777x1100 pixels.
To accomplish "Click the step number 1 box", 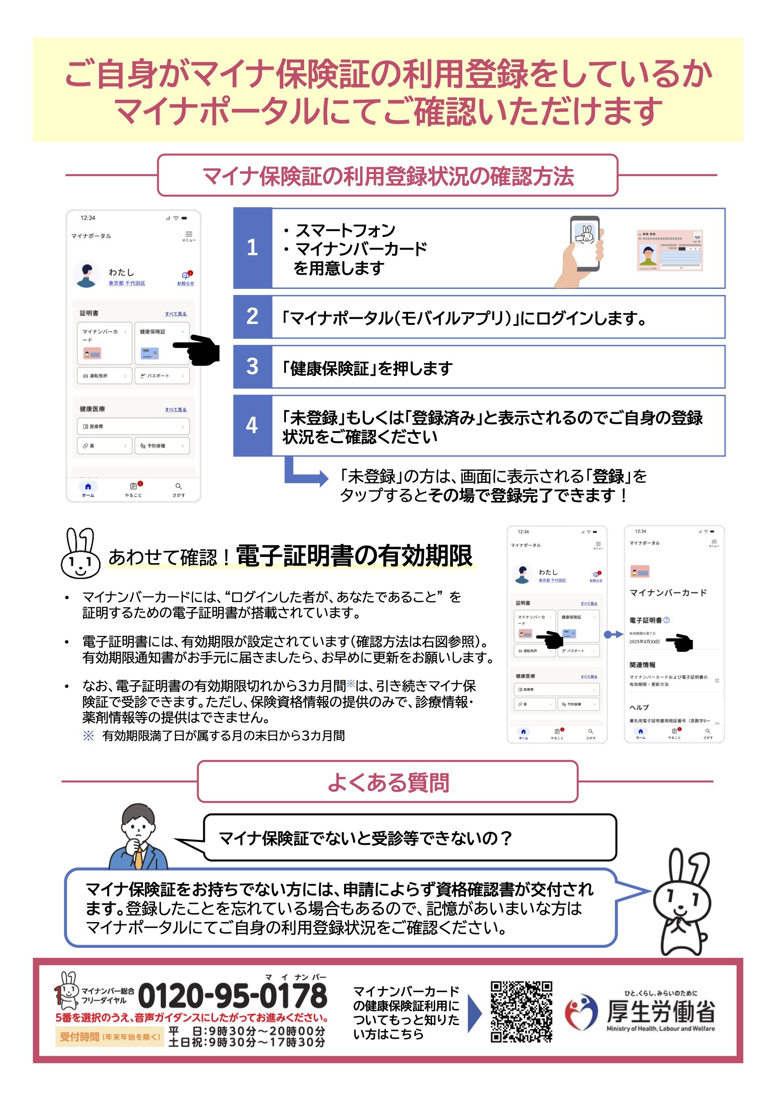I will coord(252,248).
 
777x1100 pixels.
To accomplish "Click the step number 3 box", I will coord(252,367).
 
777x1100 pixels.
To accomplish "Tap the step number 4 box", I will coord(252,426).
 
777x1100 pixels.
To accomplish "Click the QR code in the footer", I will coord(521,1011).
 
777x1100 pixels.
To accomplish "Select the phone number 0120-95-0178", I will coord(233,996).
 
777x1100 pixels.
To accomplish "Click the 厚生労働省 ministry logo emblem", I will coord(581,1012).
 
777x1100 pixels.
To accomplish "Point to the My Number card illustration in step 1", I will coord(669,251).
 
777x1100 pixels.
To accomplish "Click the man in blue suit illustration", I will coord(138,837).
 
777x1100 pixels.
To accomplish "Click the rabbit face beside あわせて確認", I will coord(80,554).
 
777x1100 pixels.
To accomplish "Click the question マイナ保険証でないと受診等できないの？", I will coord(365,838).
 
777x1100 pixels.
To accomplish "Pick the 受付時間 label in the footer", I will coord(79,1037).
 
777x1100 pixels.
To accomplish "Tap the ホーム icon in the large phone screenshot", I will coord(88,489).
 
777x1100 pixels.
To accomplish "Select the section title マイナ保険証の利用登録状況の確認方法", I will coord(387,176).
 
